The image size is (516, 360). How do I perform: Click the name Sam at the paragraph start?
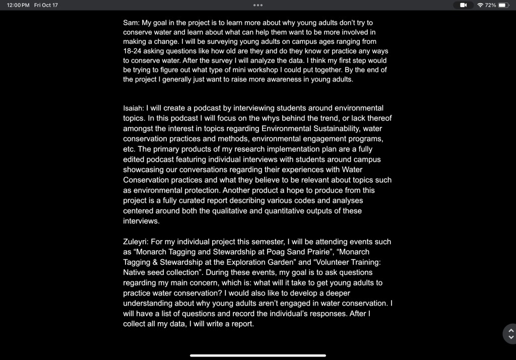click(131, 23)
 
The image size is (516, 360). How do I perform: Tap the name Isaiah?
click(134, 108)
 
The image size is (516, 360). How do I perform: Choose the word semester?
click(257, 242)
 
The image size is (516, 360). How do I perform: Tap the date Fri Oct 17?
click(46, 5)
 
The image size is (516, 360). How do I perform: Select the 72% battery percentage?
click(491, 5)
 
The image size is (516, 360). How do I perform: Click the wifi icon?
click(480, 5)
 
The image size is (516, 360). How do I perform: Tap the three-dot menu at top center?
click(258, 5)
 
